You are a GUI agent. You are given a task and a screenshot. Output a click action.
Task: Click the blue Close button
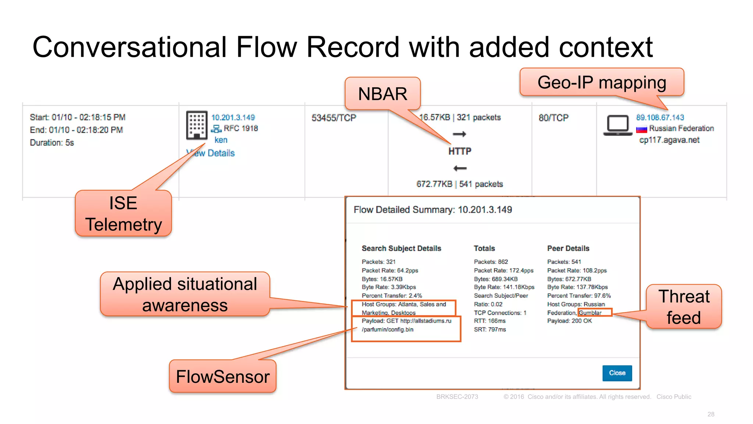coord(617,373)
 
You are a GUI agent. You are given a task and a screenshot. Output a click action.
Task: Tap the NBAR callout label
coord(382,93)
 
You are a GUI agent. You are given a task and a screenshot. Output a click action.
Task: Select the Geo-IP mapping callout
coord(602,82)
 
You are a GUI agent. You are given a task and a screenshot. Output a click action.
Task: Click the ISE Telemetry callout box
coord(123,213)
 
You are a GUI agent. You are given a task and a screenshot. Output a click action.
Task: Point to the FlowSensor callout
coord(222,377)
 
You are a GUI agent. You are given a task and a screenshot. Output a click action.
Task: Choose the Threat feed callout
coord(684,307)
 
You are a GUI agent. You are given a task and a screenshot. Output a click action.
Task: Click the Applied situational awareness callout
coord(185,294)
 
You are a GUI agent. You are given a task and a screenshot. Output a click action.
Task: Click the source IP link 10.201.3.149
coord(233,117)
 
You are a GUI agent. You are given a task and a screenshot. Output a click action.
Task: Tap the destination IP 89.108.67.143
coord(660,117)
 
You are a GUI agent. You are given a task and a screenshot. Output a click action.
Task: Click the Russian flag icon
coord(642,129)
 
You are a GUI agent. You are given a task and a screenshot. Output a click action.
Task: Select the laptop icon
coord(618,126)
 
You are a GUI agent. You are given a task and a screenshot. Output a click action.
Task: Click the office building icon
coord(197,125)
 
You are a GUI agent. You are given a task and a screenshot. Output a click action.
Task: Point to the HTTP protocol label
coord(460,151)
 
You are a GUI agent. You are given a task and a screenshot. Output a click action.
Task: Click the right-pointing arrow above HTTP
coord(460,134)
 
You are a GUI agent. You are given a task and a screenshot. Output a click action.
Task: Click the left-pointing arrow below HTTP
coord(460,168)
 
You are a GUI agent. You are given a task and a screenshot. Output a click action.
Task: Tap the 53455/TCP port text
coord(334,118)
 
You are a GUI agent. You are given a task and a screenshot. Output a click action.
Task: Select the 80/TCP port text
coord(553,118)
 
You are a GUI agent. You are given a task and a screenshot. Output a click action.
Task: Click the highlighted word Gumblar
coord(590,313)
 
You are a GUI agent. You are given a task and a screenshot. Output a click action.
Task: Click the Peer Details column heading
coord(568,248)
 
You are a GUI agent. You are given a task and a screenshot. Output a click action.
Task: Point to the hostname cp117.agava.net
coord(669,140)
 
